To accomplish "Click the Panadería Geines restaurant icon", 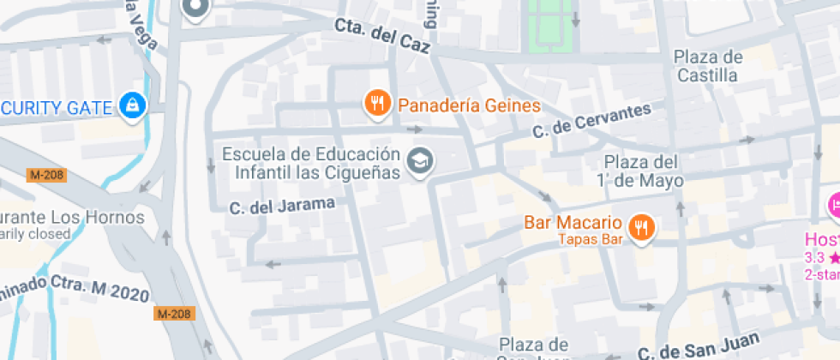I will pyautogui.click(x=378, y=105).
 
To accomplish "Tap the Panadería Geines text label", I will pyautogui.click(x=470, y=105).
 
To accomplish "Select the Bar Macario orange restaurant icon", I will pyautogui.click(x=641, y=227).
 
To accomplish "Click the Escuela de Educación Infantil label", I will pyautogui.click(x=311, y=164).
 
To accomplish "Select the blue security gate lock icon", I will pyautogui.click(x=134, y=105).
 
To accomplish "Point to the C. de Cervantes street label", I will pyautogui.click(x=591, y=121).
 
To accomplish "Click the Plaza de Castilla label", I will pyautogui.click(x=707, y=66).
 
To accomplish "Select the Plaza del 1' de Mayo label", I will pyautogui.click(x=643, y=171).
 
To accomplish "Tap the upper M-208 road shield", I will pyautogui.click(x=46, y=176).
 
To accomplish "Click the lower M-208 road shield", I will pyautogui.click(x=173, y=314).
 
